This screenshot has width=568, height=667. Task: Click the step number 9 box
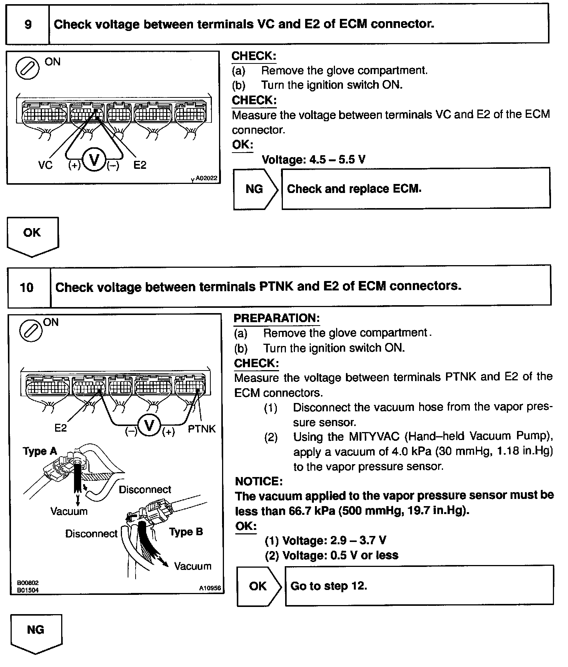tap(28, 25)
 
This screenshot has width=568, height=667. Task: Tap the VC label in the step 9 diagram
tap(45, 165)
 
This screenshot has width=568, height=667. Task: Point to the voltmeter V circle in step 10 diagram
tap(149, 426)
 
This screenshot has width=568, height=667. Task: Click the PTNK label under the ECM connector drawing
tap(202, 429)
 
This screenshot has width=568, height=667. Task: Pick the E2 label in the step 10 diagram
tap(60, 428)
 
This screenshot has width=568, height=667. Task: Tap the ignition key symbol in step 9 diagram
tap(27, 68)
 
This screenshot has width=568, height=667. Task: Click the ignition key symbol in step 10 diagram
tap(31, 330)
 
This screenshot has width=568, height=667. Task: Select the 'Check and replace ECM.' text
tap(354, 189)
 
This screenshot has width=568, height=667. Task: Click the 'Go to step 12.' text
tap(329, 586)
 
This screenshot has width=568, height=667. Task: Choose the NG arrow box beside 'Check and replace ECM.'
tap(255, 189)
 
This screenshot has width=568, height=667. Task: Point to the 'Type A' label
tap(40, 451)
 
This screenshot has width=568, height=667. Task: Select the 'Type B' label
tap(186, 532)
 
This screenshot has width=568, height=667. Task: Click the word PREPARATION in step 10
tap(276, 318)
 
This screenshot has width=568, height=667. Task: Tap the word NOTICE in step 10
tap(259, 481)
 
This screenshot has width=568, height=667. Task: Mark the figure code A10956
tap(210, 588)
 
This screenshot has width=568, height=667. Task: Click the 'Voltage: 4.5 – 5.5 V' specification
tap(313, 159)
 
